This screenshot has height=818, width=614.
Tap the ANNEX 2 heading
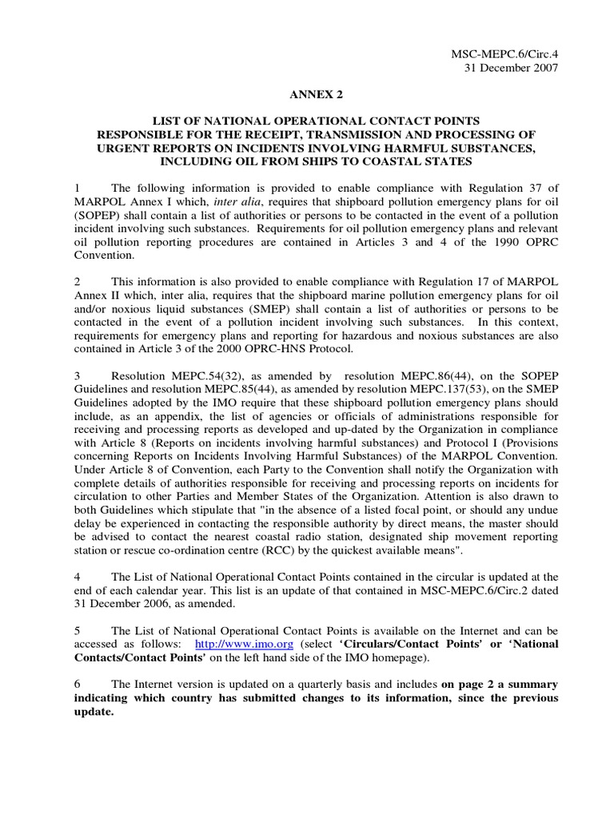pyautogui.click(x=306, y=94)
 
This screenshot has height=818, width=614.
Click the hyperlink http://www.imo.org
pyautogui.click(x=240, y=643)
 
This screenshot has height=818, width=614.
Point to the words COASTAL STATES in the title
pyautogui.click(x=425, y=160)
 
